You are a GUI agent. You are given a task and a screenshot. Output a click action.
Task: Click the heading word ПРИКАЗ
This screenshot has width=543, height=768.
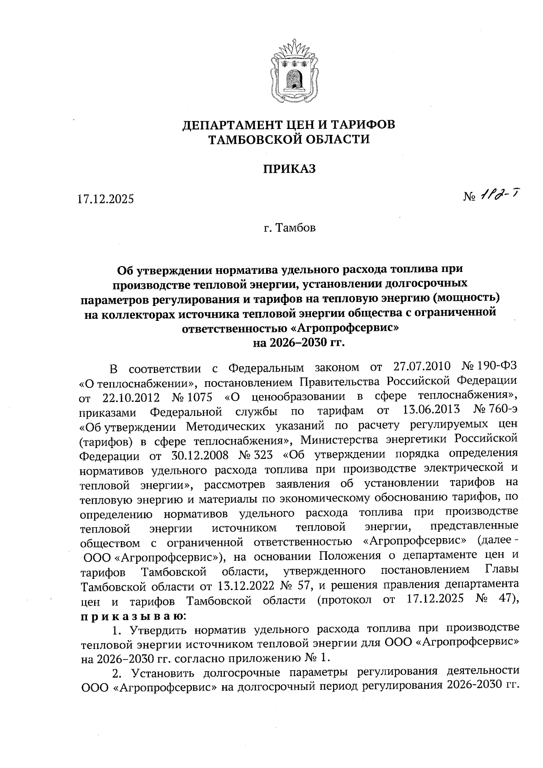point(289,169)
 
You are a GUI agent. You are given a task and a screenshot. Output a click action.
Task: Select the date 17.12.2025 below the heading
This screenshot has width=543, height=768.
point(105,199)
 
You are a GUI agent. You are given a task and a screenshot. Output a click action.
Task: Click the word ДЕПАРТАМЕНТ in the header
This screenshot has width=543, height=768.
point(229,124)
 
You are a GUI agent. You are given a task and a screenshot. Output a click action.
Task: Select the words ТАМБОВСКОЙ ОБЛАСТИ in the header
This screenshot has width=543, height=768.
point(289,139)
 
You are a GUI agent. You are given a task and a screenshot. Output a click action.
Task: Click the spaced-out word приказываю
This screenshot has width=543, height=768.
point(131,615)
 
